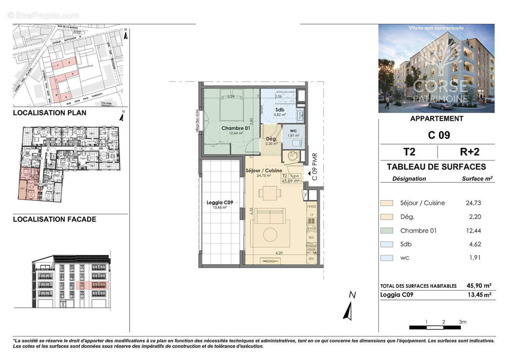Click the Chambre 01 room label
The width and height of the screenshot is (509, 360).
[232, 128]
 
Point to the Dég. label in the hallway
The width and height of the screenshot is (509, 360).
[271, 139]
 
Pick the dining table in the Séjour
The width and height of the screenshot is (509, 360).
[269, 194]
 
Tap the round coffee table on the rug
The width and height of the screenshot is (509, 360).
[272, 234]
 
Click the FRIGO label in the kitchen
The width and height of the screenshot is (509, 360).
[312, 206]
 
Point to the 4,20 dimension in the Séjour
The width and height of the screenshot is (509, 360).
[279, 253]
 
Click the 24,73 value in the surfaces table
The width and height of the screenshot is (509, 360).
[473, 203]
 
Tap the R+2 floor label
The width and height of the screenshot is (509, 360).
[466, 152]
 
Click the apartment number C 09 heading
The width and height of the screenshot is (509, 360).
[436, 135]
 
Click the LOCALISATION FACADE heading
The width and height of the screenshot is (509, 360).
[54, 220]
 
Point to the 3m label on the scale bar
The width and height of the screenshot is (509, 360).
[463, 322]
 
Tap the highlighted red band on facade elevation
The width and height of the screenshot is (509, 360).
[92, 285]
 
